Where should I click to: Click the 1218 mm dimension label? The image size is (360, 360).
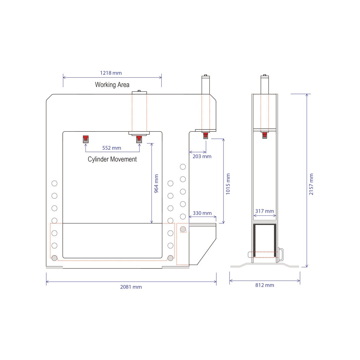coord(111,73)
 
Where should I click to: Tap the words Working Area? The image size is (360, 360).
coord(112,85)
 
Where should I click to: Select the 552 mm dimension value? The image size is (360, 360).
coord(112,148)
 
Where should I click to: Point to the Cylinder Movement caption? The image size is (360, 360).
coord(112,159)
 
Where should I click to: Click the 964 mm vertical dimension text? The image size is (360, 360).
coord(156,184)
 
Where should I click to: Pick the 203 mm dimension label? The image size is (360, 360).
coord(202,156)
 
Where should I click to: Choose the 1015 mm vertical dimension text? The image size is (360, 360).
coord(228,184)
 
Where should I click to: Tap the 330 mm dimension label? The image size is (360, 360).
coord(202,213)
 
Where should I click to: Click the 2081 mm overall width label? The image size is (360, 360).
coord(131,287)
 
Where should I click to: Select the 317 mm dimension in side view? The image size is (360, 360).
coord(265,211)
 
